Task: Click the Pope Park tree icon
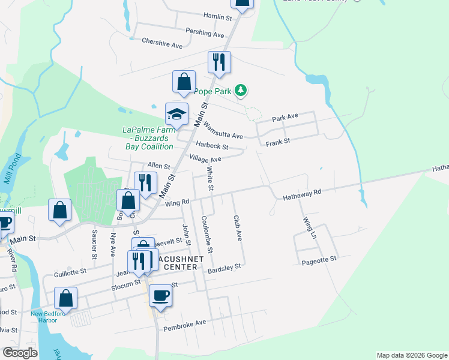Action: (241, 91)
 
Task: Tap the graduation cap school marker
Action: (177, 114)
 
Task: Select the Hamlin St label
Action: (217, 16)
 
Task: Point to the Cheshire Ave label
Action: (161, 44)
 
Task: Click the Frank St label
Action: (278, 142)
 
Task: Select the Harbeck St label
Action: (212, 146)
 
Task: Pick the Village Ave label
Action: (205, 159)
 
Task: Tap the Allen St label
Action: (158, 166)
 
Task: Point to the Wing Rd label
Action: (177, 202)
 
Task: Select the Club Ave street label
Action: (237, 228)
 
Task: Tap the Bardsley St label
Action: (224, 269)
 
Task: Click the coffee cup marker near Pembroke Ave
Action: (160, 296)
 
